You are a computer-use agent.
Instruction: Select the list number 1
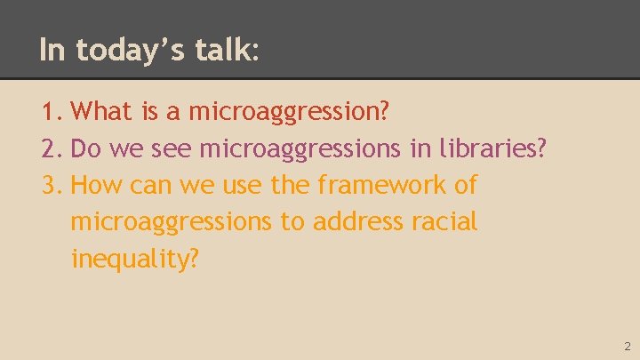[x=50, y=112]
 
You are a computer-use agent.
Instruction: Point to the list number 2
[x=50, y=148]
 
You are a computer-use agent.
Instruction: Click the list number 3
[x=50, y=186]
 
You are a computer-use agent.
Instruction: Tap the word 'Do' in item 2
[x=85, y=148]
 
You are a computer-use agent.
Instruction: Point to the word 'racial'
[x=444, y=221]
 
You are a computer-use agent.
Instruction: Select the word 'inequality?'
[x=134, y=259]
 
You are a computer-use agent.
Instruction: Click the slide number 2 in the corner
[x=627, y=346]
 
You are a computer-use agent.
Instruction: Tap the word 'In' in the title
[x=52, y=51]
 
